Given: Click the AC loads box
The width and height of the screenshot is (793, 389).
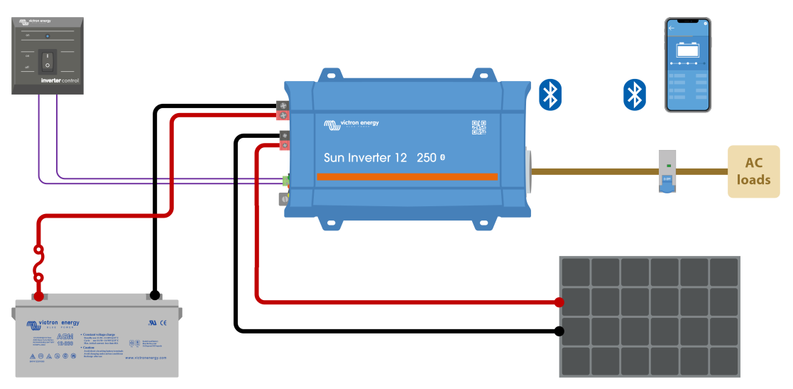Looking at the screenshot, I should point(753,171).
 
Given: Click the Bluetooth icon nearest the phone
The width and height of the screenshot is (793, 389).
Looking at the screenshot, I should point(634,95).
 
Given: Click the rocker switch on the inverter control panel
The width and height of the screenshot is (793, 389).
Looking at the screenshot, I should point(48,60).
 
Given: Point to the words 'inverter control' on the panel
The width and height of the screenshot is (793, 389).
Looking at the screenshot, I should point(60,81).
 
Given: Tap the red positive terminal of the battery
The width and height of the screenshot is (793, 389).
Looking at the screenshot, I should point(39,294).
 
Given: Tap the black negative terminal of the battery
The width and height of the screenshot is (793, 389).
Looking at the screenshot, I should point(154,294).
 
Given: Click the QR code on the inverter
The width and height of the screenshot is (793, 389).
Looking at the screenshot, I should point(479,127).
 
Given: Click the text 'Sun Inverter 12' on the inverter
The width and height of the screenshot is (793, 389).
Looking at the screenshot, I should point(365,158).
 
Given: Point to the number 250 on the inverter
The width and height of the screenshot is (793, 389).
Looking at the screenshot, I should point(426,158).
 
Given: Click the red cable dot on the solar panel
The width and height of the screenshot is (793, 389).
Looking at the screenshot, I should point(559,302).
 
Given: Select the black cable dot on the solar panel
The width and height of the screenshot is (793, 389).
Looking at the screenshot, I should point(559,331).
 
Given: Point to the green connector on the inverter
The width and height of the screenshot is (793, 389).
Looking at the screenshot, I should point(285,181).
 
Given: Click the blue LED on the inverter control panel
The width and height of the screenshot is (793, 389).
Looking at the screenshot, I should point(47,34).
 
